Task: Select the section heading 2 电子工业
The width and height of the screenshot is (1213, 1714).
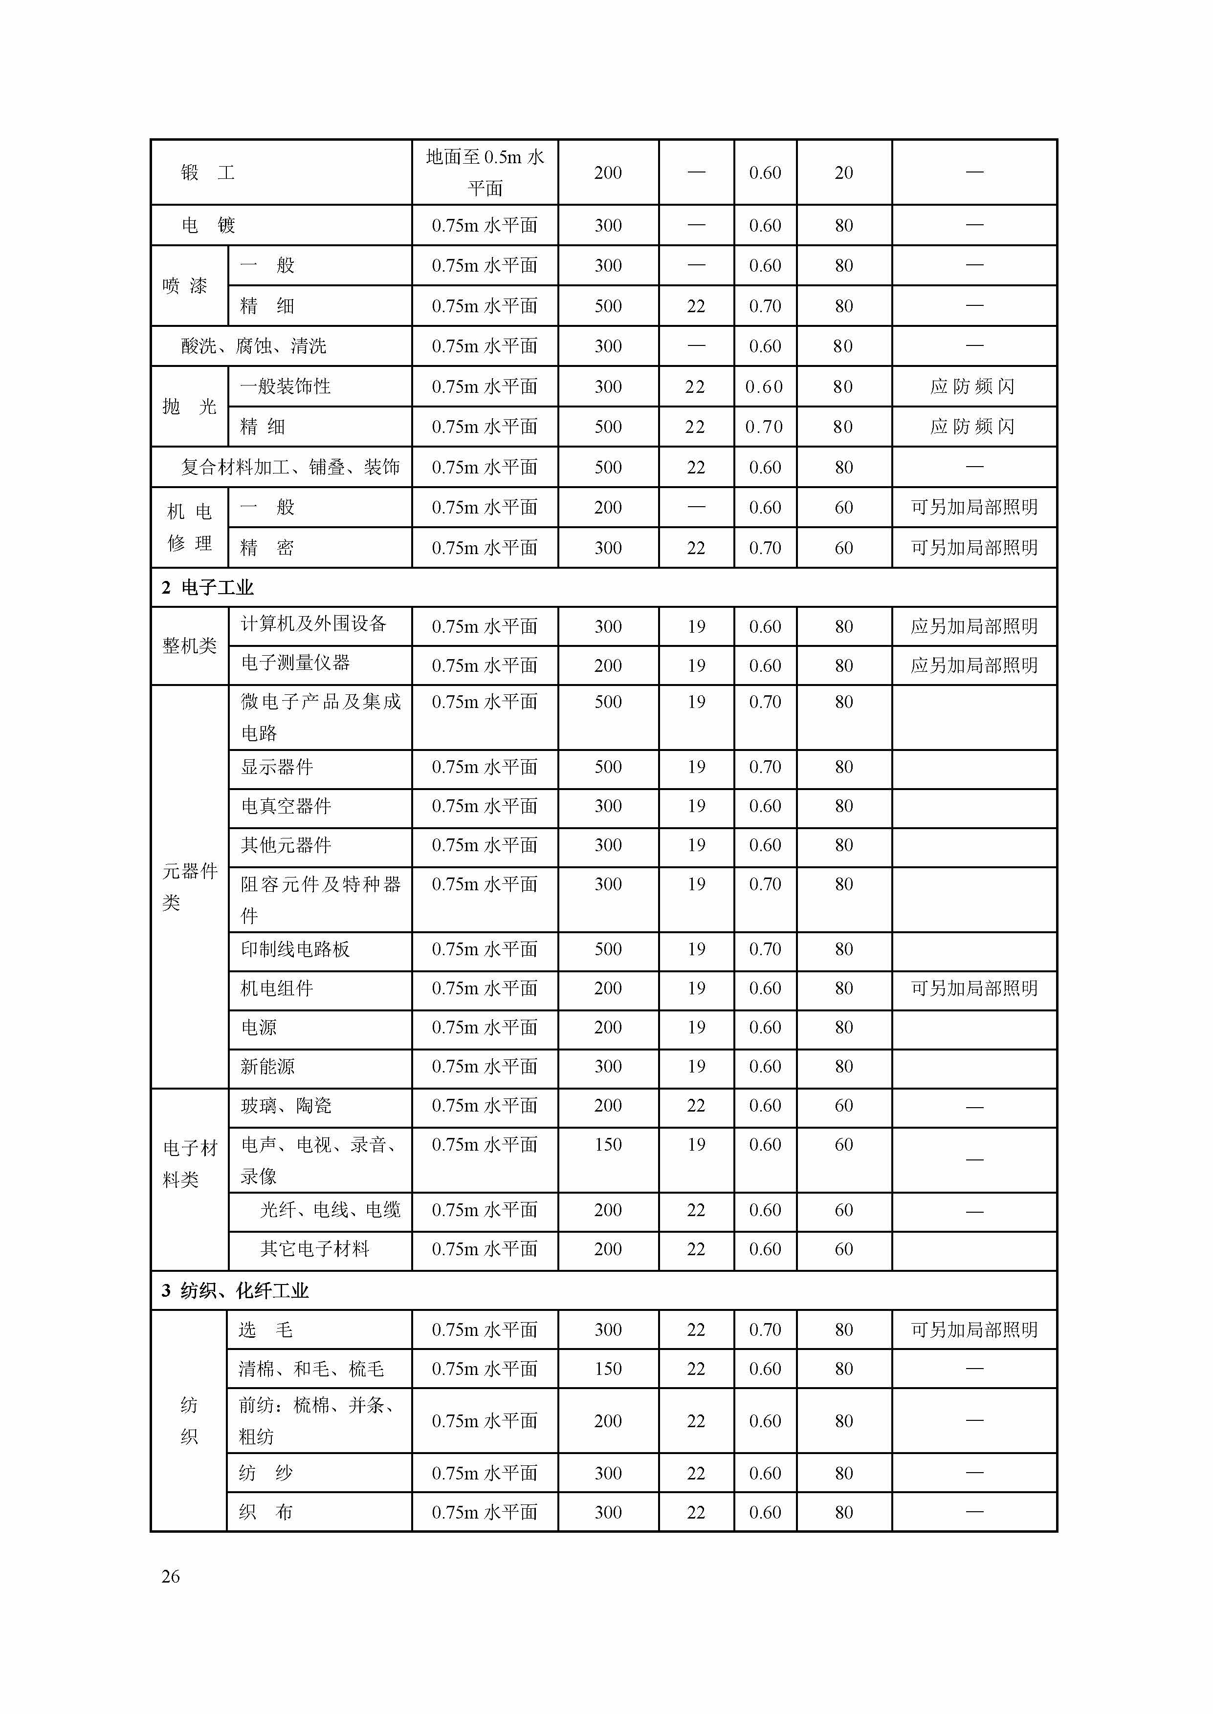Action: coord(208,587)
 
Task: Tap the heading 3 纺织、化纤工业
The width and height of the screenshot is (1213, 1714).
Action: coord(235,1291)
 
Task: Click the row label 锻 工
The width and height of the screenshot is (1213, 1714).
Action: coord(208,172)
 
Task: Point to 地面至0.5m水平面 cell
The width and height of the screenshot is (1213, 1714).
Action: coord(485,172)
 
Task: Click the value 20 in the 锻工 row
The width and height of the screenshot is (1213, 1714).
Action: coord(843,172)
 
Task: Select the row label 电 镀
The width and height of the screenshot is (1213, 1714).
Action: coord(208,225)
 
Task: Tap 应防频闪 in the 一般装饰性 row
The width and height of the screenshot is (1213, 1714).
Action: coord(972,386)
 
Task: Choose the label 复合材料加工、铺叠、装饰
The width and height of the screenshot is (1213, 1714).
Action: coord(290,467)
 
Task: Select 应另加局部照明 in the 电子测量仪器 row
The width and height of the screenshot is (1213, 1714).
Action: coord(974,665)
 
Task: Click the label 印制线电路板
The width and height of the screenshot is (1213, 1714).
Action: coord(295,949)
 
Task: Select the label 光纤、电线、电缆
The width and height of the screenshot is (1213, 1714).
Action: coord(330,1210)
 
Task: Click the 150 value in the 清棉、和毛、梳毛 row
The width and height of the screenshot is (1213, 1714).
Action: coord(608,1369)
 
